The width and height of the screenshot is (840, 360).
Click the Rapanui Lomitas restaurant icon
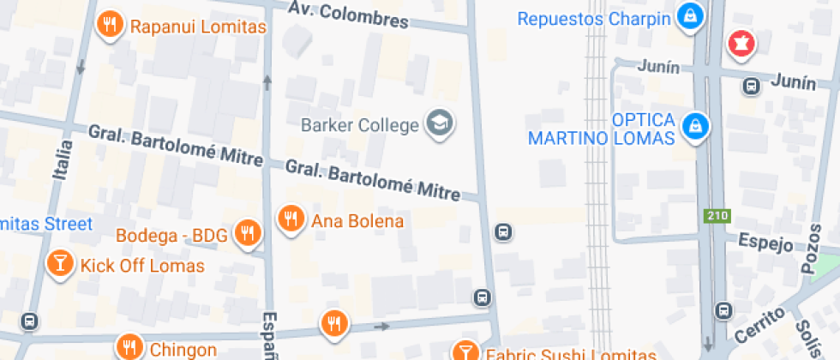tap(109, 25)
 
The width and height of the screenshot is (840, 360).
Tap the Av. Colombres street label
tap(347, 15)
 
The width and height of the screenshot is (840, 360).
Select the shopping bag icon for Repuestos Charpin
tap(689, 15)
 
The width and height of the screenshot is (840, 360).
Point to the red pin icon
tap(740, 42)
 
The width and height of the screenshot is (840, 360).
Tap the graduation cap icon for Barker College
tap(441, 123)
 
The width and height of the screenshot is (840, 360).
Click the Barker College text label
tap(360, 125)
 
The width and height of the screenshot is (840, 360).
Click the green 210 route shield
tap(715, 216)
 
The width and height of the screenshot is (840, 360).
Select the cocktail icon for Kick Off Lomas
tap(59, 263)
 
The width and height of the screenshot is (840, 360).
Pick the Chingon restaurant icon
tap(129, 348)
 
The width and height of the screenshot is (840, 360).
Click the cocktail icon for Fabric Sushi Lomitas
tap(465, 351)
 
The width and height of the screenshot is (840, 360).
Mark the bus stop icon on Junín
tap(751, 86)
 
